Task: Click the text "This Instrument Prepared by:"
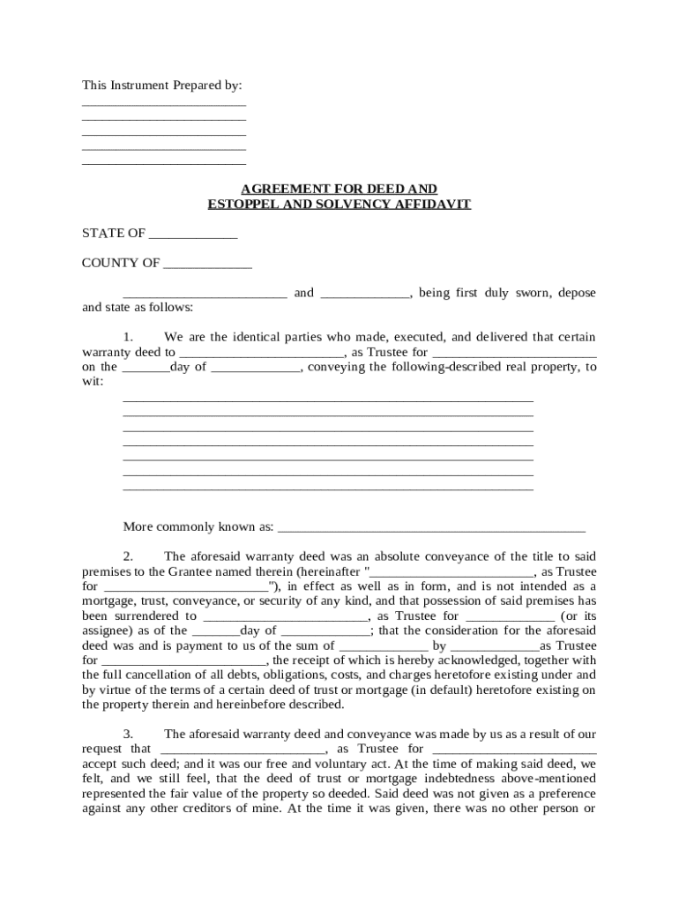point(161,86)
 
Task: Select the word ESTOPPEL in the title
point(244,204)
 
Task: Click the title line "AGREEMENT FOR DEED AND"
point(339,189)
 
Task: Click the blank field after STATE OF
point(193,234)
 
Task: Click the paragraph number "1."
point(128,337)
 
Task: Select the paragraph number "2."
point(128,556)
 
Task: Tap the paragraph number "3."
point(128,734)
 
